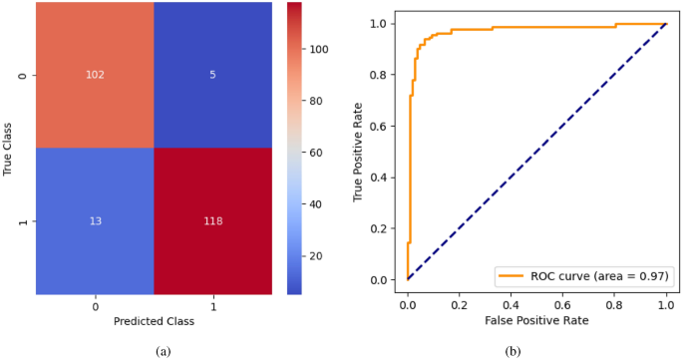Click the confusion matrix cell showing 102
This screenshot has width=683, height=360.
pos(95,75)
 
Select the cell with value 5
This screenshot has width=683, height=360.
pos(211,75)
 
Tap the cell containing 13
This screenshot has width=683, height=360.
pos(95,221)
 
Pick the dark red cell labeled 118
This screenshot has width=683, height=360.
pos(211,221)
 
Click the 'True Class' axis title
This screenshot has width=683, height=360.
pos(8,149)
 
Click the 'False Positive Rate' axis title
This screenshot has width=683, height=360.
pos(536,321)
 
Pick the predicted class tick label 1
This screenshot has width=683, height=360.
pos(211,305)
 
